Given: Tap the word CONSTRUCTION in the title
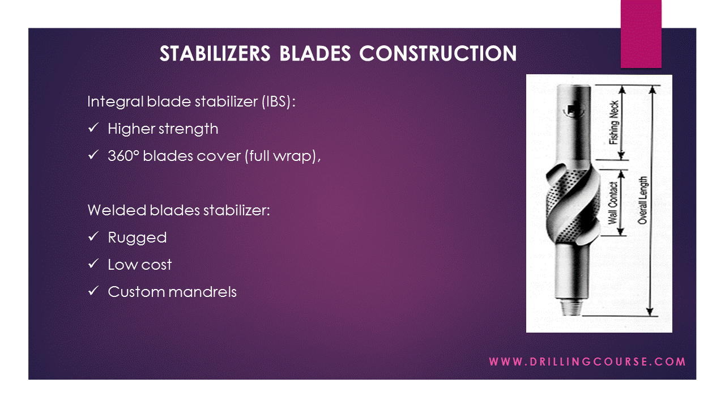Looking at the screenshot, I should point(438,53).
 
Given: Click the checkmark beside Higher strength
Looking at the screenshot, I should point(93,129).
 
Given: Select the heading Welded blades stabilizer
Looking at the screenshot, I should point(178,210).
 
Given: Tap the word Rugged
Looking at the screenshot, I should point(137,237).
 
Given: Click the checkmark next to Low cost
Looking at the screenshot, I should point(93,265).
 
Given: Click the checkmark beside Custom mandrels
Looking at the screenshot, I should point(93,292).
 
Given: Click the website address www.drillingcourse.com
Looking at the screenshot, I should point(587,362).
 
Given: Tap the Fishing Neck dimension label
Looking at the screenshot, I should point(614,122).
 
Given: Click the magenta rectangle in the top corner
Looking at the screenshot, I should point(641,34).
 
